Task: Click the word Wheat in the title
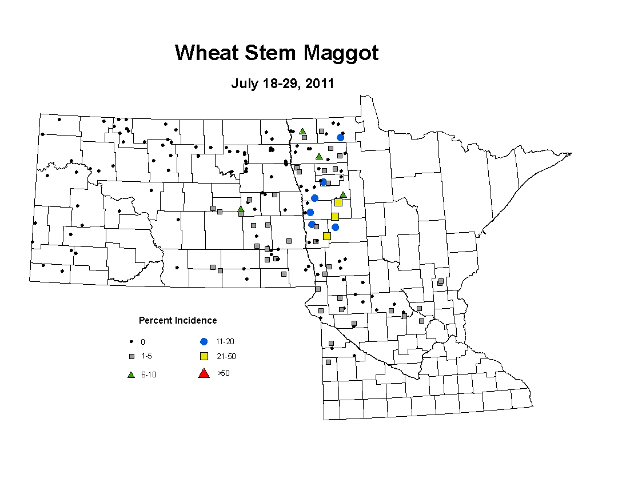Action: (x=207, y=53)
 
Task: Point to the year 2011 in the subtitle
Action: (x=320, y=83)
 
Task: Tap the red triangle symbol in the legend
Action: (x=204, y=373)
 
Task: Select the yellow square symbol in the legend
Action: (x=204, y=356)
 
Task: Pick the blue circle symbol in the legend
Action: (x=204, y=342)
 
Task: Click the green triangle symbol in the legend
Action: (x=131, y=374)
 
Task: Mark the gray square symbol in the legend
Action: (x=131, y=356)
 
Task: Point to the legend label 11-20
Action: (x=225, y=342)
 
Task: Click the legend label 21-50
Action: (x=226, y=357)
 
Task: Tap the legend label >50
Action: (x=224, y=373)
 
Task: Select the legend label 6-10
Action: (x=149, y=374)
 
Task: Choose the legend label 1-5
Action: (x=146, y=356)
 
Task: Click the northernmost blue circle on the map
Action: (x=340, y=138)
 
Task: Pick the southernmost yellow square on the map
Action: (x=327, y=236)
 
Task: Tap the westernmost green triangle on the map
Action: (x=241, y=209)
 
